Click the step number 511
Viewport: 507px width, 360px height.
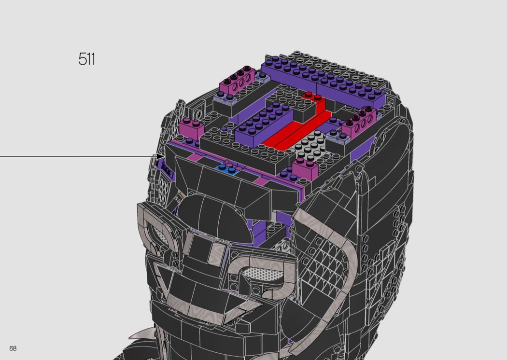coord(86,59)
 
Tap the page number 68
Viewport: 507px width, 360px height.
coord(13,348)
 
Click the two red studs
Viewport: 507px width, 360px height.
coord(310,95)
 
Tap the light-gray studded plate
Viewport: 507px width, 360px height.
coord(310,147)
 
